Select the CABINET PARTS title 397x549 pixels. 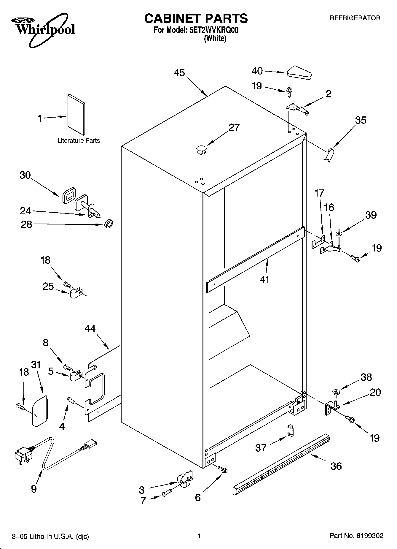pos(196,18)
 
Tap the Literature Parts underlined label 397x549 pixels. pos(79,141)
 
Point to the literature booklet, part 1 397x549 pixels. pos(76,114)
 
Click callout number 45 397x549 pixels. pos(179,73)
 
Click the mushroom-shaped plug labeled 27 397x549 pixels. pos(201,149)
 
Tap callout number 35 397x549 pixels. pos(361,120)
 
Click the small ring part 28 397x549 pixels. pos(109,224)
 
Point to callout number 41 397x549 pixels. pos(264,279)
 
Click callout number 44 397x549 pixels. pos(90,328)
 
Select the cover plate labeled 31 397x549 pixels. pos(39,411)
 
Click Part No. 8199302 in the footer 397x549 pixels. pos(356,536)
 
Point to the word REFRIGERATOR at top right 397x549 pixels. pos(355,18)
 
